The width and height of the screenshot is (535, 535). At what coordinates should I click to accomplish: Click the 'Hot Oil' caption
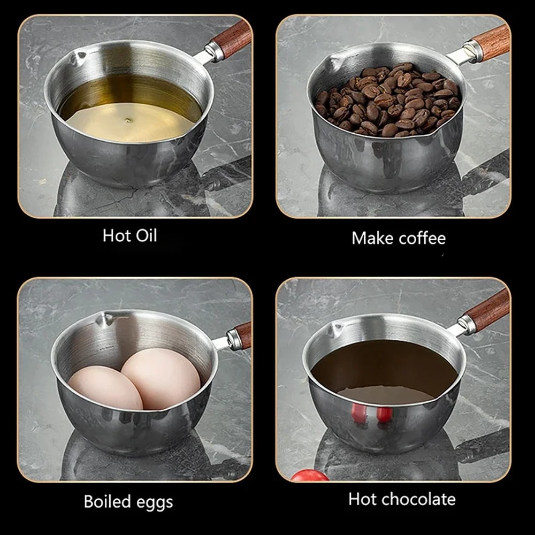pyautogui.click(x=130, y=235)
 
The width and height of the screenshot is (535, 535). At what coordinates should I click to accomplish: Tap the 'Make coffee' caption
pyautogui.click(x=398, y=238)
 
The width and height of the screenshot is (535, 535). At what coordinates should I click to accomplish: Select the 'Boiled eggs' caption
pyautogui.click(x=128, y=501)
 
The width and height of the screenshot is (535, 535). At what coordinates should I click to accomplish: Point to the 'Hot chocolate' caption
pyautogui.click(x=402, y=499)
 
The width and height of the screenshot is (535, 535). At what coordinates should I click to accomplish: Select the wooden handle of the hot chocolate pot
pyautogui.click(x=486, y=311)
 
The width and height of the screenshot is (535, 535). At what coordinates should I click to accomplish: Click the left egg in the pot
pyautogui.click(x=105, y=387)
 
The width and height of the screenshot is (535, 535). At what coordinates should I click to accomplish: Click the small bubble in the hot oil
pyautogui.click(x=128, y=121)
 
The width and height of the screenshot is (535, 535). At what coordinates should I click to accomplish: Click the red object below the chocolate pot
pyautogui.click(x=309, y=475)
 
